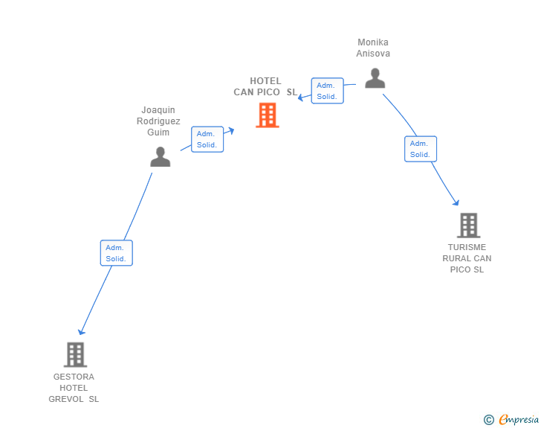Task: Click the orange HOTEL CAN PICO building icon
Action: click(x=268, y=115)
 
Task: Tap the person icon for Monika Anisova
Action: click(x=375, y=78)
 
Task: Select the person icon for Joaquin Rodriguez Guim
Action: click(x=160, y=156)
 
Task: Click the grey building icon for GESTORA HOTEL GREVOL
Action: click(x=75, y=355)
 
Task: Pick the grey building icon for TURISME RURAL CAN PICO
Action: click(x=468, y=226)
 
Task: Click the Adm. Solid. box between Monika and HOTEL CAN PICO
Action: click(x=328, y=91)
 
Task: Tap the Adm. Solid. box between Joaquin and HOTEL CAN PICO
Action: click(x=207, y=139)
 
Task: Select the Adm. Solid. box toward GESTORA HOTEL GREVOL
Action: click(x=116, y=253)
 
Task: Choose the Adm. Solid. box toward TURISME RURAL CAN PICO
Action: click(x=421, y=149)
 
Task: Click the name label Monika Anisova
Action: click(x=373, y=48)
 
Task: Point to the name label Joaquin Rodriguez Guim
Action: click(x=158, y=121)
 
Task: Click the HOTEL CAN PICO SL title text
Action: click(x=265, y=86)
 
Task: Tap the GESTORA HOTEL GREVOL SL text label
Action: click(x=74, y=388)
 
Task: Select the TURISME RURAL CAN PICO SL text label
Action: click(x=467, y=258)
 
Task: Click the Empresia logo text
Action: click(x=519, y=419)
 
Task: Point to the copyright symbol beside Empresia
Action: click(x=489, y=420)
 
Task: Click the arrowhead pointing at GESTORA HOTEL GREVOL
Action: click(x=81, y=332)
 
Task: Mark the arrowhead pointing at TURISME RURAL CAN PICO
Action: click(x=456, y=202)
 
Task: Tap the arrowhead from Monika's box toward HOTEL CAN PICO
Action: click(x=301, y=98)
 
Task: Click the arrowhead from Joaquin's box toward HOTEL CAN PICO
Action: click(x=231, y=131)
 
